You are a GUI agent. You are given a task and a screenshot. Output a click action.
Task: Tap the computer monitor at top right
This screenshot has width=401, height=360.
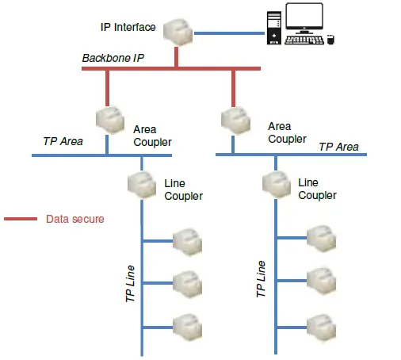tap(304, 18)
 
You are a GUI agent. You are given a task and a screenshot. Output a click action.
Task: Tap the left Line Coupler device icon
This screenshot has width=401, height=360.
tap(142, 185)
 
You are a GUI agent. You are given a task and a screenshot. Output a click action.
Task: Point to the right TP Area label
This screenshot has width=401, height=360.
tap(338, 147)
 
